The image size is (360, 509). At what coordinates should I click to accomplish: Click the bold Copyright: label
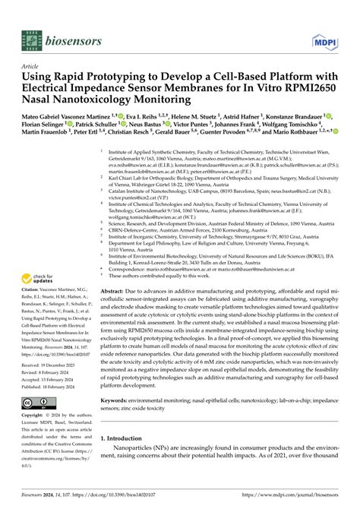tap(36, 416)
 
